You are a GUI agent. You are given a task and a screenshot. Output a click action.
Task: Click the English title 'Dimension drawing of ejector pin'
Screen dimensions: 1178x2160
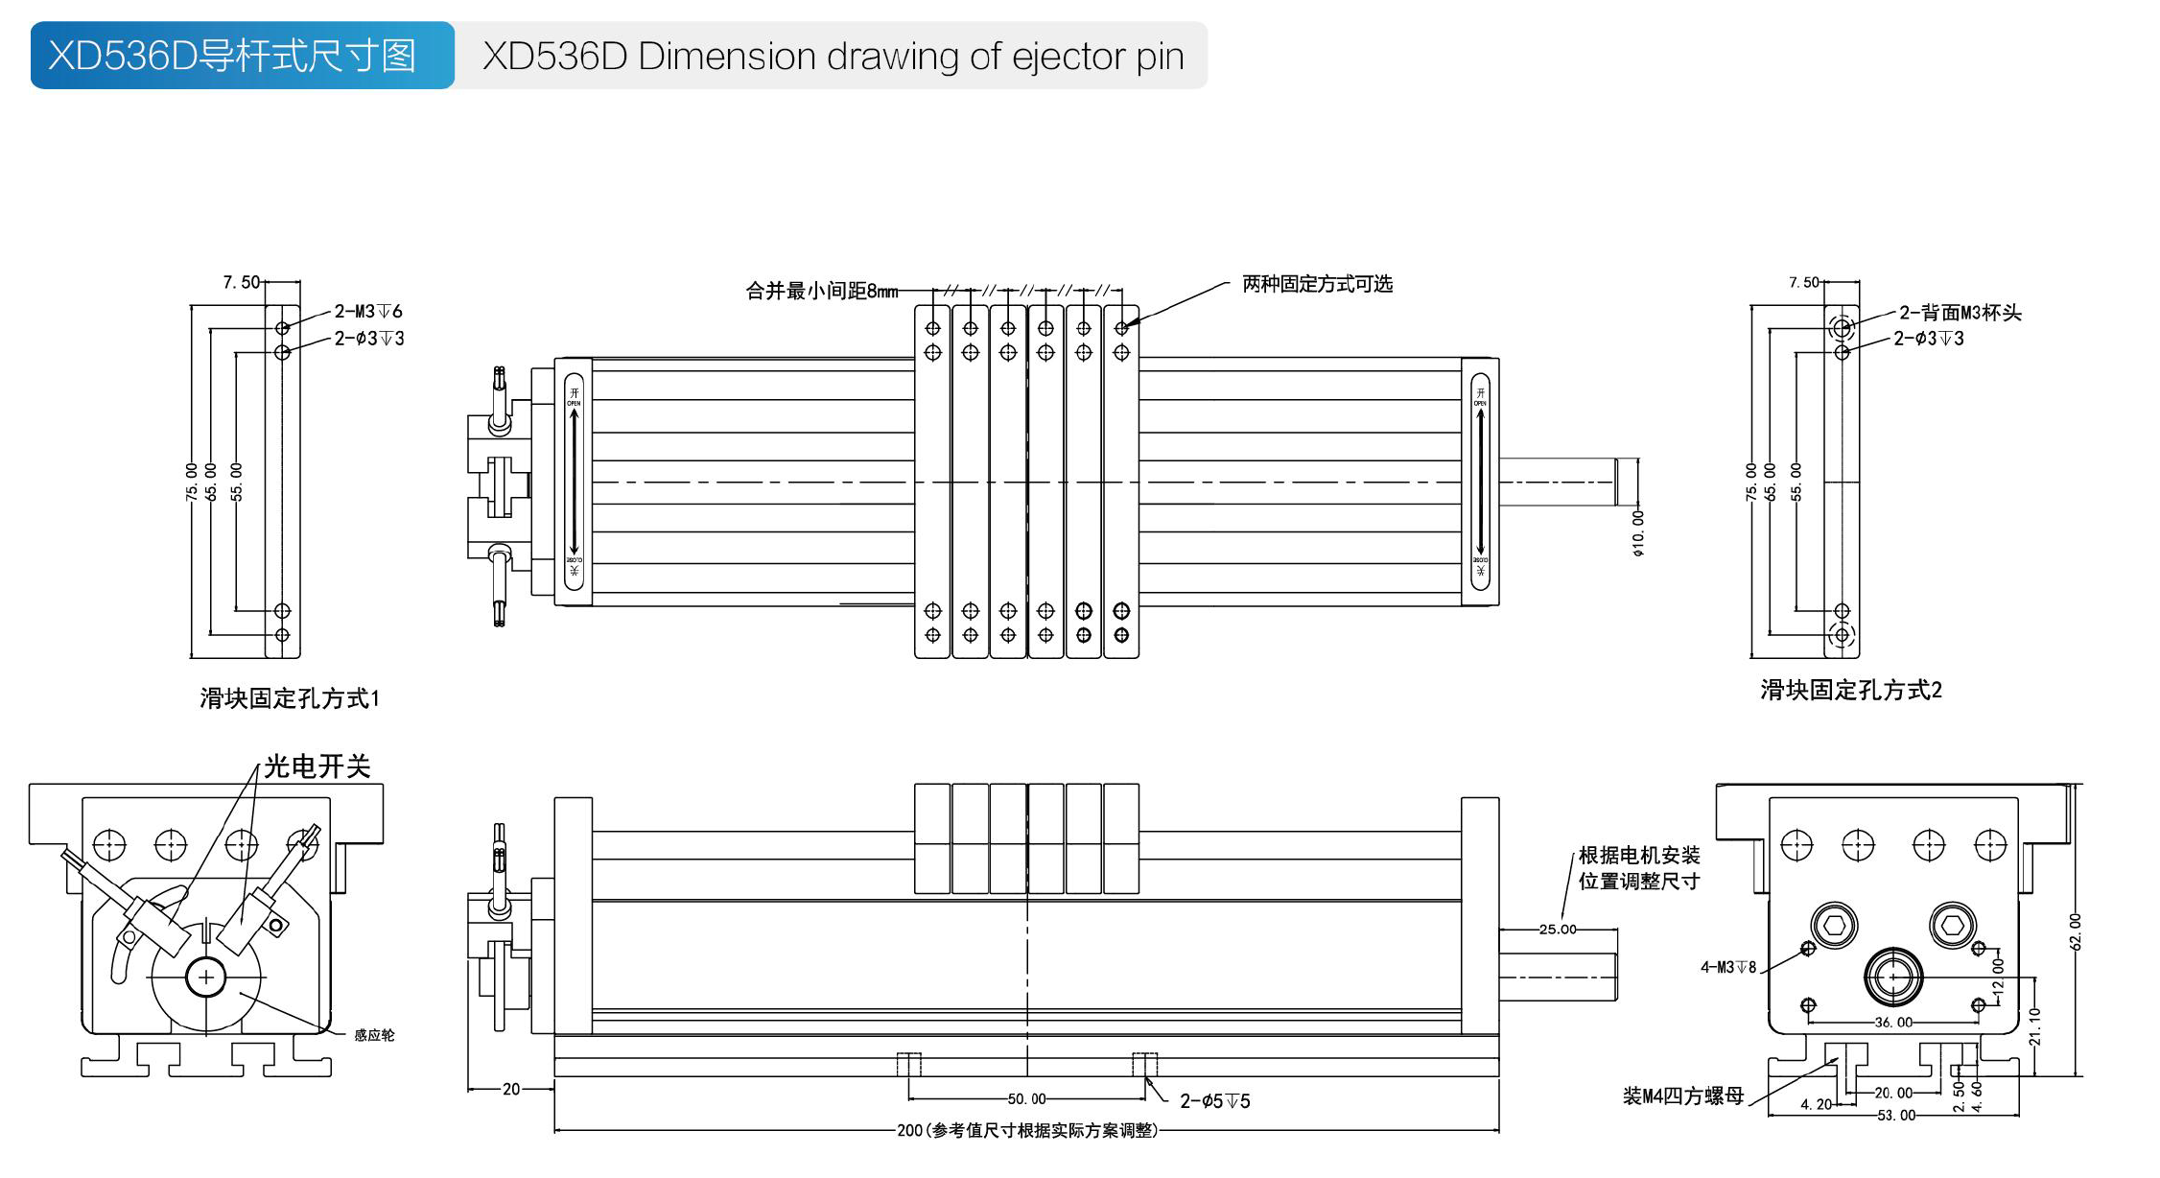833,57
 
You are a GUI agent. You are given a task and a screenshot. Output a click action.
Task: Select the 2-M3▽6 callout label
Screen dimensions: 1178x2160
368,311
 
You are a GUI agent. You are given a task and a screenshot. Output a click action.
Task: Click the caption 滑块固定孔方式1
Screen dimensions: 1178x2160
290,698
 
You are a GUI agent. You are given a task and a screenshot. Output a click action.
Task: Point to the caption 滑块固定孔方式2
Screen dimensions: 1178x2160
1850,690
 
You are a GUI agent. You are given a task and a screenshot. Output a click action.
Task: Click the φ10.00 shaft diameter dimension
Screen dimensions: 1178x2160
1638,532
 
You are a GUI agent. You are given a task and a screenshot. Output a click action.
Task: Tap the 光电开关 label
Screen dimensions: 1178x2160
317,766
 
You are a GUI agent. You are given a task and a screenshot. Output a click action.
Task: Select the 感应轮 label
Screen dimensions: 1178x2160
374,1035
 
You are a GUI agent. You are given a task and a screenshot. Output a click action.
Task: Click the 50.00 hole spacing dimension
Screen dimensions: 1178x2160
1026,1099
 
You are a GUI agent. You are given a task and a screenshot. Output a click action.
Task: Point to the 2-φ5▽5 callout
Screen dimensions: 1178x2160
1214,1101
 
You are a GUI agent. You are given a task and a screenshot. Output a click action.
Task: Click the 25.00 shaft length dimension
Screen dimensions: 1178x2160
1558,929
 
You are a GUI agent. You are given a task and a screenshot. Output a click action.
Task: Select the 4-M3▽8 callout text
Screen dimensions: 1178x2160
1728,967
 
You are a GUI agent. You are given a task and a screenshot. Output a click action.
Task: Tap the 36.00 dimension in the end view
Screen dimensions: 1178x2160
1893,1023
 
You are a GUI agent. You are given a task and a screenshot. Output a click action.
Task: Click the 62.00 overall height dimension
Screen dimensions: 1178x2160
2076,931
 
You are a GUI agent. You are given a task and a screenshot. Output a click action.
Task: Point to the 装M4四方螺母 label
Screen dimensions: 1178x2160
1682,1096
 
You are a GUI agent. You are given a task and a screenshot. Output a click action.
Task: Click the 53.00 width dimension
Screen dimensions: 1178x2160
1896,1116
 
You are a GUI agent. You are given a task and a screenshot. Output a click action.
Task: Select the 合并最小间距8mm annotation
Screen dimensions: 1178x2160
822,291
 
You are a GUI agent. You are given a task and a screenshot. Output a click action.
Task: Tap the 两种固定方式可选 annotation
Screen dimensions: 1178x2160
1317,284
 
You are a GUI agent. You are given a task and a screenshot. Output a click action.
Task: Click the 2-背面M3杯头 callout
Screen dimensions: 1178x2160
1960,313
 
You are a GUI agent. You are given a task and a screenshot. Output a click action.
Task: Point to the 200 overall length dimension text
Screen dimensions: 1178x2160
1027,1131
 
